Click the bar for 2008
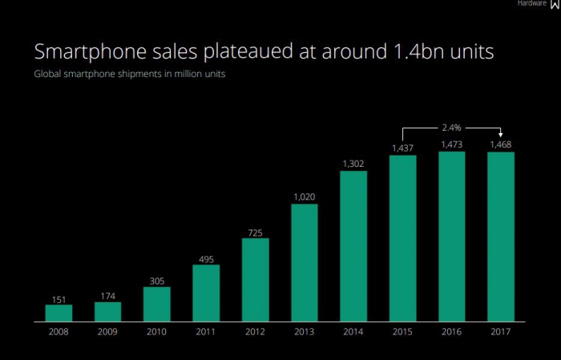(x=59, y=313)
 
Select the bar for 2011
(x=206, y=293)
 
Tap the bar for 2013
(x=304, y=262)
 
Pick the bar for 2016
(x=451, y=236)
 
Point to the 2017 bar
(x=501, y=237)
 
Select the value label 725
(x=255, y=232)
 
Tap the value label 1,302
(x=353, y=164)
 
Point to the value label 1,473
(x=451, y=145)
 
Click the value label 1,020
(x=304, y=197)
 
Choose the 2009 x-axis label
(x=107, y=332)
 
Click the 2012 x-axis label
(x=255, y=332)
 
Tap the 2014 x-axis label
(x=353, y=332)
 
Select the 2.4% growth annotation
(x=451, y=126)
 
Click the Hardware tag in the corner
(x=531, y=4)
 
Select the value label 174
(x=107, y=296)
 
